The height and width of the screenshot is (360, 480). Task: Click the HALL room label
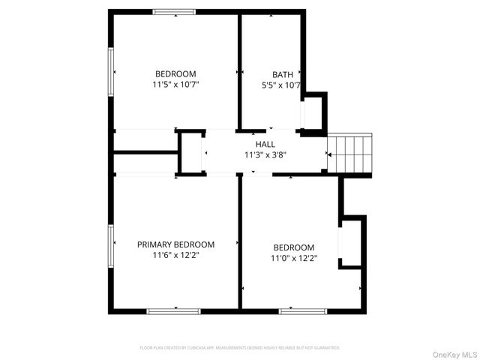(x=265, y=144)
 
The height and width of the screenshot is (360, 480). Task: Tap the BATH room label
(x=283, y=74)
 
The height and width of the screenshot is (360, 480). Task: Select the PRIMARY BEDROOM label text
(x=175, y=244)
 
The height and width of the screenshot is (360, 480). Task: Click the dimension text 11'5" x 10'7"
(x=175, y=85)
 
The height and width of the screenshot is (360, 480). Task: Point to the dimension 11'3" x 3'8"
(x=265, y=155)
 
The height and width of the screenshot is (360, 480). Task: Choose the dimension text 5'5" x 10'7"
(x=280, y=85)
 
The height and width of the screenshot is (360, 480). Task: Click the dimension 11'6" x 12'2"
(x=175, y=255)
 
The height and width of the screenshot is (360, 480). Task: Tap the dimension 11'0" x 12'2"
(x=293, y=258)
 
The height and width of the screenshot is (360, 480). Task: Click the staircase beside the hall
(x=350, y=153)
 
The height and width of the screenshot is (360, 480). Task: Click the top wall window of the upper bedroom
(x=174, y=11)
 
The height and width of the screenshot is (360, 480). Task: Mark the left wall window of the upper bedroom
(x=111, y=72)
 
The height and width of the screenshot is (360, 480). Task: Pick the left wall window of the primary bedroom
(x=111, y=247)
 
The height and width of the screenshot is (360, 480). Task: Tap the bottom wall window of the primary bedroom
(x=173, y=310)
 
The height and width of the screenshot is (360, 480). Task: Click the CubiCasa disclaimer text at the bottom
(x=240, y=348)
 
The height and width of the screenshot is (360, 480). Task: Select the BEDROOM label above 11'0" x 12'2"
(x=293, y=247)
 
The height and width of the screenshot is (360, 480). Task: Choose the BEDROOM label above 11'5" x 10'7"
(x=175, y=73)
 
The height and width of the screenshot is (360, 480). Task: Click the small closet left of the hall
(x=192, y=153)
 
